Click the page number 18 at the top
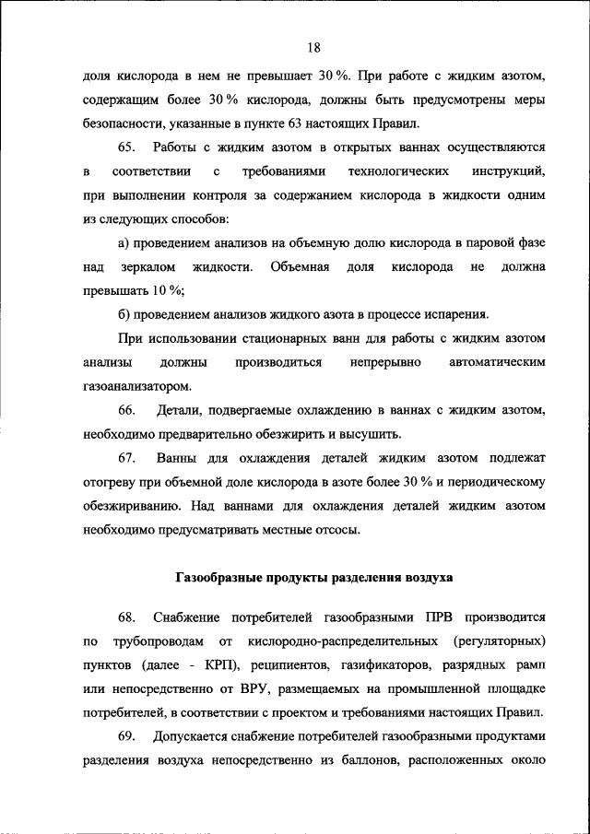point(313,48)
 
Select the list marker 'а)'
point(124,242)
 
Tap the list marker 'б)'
point(124,314)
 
